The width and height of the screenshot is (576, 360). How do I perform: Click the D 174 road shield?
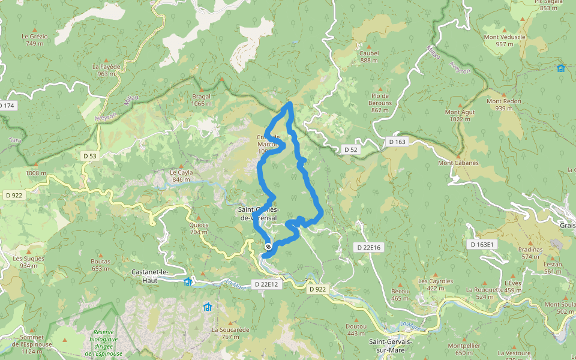[x=7, y=106]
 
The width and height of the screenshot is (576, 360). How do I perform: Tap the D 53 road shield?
[x=89, y=156]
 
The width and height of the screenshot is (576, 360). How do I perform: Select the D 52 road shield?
[x=350, y=149]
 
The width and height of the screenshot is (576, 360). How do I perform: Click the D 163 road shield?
[x=397, y=142]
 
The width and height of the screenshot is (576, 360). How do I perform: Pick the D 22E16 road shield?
[x=369, y=247]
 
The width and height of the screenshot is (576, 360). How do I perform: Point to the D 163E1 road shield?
[x=482, y=244]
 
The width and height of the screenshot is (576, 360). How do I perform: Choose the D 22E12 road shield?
[x=265, y=284]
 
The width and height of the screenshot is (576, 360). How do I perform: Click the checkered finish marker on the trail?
[x=268, y=247]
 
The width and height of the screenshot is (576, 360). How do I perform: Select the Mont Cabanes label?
[x=458, y=163]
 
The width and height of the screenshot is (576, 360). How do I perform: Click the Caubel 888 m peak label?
[x=369, y=56]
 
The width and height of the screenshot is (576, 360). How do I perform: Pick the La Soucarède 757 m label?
[x=230, y=333]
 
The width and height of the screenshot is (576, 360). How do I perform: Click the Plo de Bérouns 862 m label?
[x=381, y=103]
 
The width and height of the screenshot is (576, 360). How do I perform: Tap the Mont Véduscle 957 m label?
[x=505, y=40]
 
